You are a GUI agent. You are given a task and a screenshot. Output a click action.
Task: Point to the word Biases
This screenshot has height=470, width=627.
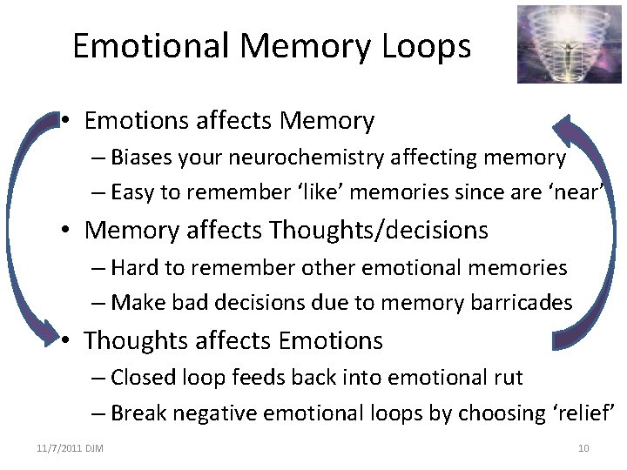click(x=141, y=158)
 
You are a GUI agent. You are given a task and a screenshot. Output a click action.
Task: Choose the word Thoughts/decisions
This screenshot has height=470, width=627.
click(x=379, y=231)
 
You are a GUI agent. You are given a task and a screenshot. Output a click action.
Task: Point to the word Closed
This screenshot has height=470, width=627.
click(x=144, y=377)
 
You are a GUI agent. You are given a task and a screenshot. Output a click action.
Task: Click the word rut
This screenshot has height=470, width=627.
click(x=507, y=377)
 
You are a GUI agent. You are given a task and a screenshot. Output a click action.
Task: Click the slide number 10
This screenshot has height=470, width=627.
click(x=583, y=448)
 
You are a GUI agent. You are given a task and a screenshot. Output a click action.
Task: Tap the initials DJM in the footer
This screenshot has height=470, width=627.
click(x=95, y=448)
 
